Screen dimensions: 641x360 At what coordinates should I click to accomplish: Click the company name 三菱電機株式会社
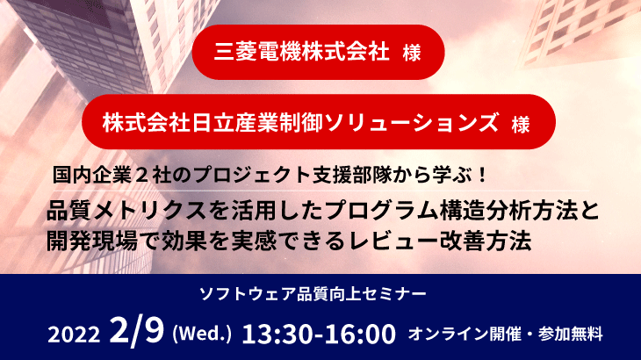pyautogui.click(x=302, y=52)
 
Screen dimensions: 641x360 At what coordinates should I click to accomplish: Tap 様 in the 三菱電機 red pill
pyautogui.click(x=412, y=53)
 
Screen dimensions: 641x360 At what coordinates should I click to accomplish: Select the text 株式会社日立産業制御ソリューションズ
pyautogui.click(x=301, y=122)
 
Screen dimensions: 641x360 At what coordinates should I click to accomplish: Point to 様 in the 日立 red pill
pyautogui.click(x=521, y=124)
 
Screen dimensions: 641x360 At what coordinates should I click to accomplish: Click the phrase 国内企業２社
pyautogui.click(x=112, y=175)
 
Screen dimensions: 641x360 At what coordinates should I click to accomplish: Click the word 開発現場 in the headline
pyautogui.click(x=92, y=241)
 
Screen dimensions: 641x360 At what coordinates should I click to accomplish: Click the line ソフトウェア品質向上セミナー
pyautogui.click(x=313, y=294)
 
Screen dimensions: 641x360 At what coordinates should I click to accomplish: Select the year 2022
pyautogui.click(x=74, y=335)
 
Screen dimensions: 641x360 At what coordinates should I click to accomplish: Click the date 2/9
pyautogui.click(x=137, y=331)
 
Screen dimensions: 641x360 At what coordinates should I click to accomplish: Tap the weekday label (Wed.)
pyautogui.click(x=202, y=334)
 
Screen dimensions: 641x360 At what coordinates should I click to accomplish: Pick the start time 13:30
pyautogui.click(x=279, y=334)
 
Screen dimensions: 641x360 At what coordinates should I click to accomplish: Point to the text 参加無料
pyautogui.click(x=570, y=335)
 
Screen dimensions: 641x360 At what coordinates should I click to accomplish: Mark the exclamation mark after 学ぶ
pyautogui.click(x=482, y=176)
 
